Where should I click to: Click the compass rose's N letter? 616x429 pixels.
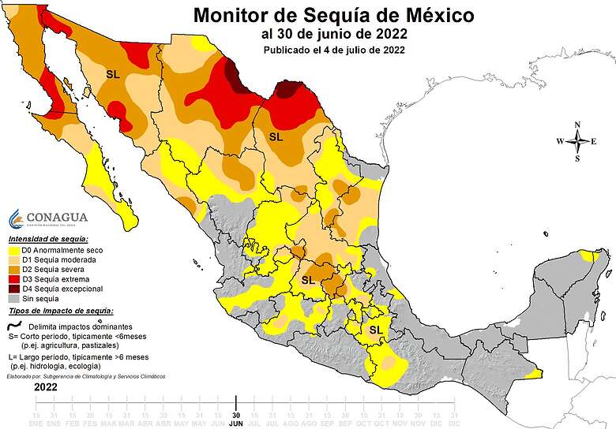click(577, 125)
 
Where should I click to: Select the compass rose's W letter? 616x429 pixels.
click(560, 141)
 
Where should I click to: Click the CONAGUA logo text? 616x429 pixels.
click(57, 217)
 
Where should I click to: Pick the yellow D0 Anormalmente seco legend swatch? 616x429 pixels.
click(14, 250)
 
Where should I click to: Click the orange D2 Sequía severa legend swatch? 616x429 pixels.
click(14, 270)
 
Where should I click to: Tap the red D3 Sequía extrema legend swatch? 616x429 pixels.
click(14, 279)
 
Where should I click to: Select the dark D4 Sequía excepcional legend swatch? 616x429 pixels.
click(14, 289)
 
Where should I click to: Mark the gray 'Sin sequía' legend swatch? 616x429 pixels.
click(14, 299)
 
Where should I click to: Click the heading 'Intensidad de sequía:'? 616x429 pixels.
click(48, 238)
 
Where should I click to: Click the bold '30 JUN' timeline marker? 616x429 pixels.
click(235, 418)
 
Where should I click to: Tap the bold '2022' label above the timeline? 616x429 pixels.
click(45, 388)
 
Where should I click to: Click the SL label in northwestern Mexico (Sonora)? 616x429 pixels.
click(112, 73)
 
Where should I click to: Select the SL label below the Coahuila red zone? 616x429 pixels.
click(275, 136)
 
